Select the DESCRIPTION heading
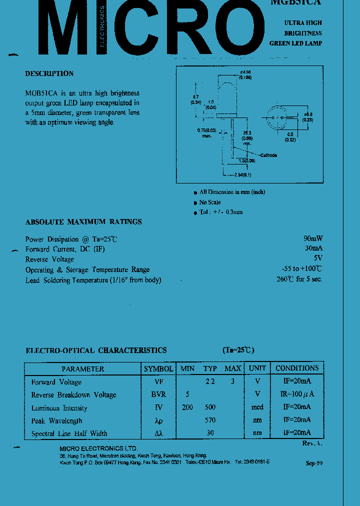[x=49, y=73]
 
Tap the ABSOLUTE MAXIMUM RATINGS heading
[x=83, y=221]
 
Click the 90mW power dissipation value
[x=313, y=238]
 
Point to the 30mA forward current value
[x=313, y=248]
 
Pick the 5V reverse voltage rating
[x=318, y=258]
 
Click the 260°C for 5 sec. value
[x=299, y=279]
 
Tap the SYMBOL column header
[x=158, y=368]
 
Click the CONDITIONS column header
[x=297, y=368]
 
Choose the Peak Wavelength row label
[x=56, y=420]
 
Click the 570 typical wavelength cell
[x=210, y=420]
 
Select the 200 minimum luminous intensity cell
[x=187, y=407]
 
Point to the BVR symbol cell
[x=158, y=394]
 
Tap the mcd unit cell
[x=257, y=407]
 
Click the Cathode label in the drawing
[x=267, y=155]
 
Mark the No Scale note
[x=210, y=202]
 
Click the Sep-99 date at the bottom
[x=314, y=463]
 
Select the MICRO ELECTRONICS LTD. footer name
[x=98, y=448]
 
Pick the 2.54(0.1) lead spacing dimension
[x=243, y=174]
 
